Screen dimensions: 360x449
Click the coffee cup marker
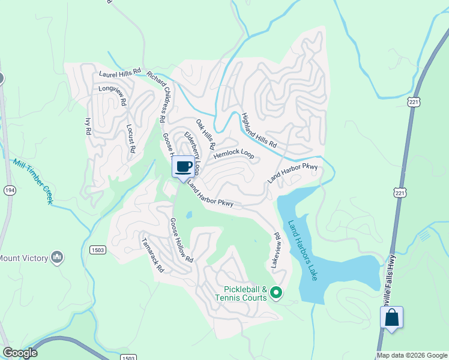coord(184,167)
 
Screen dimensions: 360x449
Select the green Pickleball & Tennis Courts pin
coord(276,293)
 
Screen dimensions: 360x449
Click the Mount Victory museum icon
coord(57,258)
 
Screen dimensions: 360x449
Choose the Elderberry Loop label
coord(192,152)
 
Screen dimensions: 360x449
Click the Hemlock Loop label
coord(234,154)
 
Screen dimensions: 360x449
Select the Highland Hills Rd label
coord(259,130)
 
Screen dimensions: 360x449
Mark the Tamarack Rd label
coord(152,254)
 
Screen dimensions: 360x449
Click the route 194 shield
coord(9,190)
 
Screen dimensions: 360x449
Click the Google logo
coord(20,353)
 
